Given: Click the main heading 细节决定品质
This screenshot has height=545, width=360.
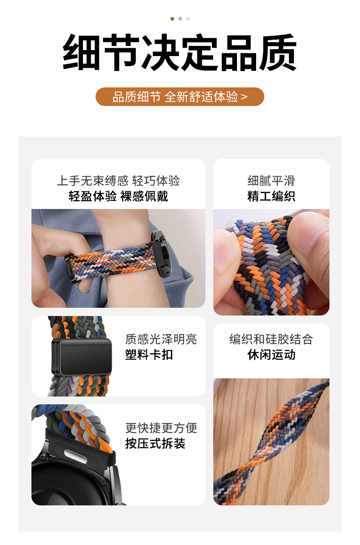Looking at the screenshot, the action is (180, 52).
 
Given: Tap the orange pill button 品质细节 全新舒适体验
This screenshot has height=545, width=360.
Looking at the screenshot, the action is (180, 97).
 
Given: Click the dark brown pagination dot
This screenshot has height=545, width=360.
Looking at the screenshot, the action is (172, 19).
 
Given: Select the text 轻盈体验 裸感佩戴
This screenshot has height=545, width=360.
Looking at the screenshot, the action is (118, 196).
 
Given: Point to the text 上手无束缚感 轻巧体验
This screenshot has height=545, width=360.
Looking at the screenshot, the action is (118, 181).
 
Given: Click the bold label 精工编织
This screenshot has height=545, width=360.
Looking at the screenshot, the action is (271, 196).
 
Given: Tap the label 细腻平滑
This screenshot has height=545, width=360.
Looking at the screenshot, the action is (271, 181).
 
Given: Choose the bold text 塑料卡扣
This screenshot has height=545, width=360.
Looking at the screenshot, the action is (149, 355).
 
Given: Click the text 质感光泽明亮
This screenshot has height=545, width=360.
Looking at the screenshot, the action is (161, 339).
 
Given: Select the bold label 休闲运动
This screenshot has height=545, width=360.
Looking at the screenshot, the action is (271, 355).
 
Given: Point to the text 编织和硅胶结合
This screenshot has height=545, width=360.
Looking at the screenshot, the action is (271, 339).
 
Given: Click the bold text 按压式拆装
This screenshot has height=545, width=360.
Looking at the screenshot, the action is (155, 443).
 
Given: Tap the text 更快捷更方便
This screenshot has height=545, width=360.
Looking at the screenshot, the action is (161, 428).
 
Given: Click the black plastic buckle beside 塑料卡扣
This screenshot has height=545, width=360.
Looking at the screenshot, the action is (82, 357).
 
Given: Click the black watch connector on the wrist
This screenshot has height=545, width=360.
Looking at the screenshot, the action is (160, 254).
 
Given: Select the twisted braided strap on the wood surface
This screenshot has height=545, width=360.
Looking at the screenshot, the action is (271, 442).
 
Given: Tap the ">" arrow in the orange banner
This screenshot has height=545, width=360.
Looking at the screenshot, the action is (244, 97).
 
